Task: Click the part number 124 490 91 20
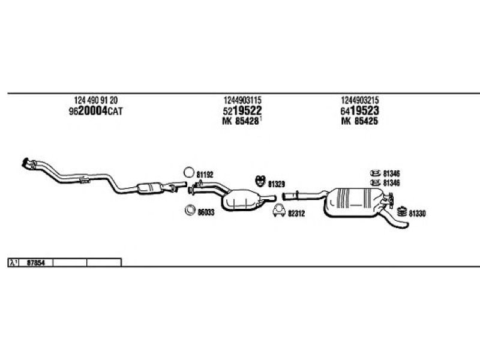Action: pos(96,100)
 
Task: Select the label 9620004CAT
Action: pos(96,111)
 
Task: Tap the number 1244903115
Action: pos(242,100)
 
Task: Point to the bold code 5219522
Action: pos(242,110)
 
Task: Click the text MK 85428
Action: pos(241,121)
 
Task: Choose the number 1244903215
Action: pos(360,100)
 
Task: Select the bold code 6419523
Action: pos(359,110)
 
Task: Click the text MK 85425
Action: pos(359,121)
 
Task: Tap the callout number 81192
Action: pos(205,175)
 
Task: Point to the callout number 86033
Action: pos(206,212)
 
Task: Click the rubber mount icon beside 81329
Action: pos(260,181)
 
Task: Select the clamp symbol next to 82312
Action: pos(279,211)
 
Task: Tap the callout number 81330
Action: pos(417,214)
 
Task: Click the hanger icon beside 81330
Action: pos(401,212)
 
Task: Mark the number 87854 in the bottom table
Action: pos(36,263)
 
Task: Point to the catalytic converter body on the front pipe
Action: pos(149,188)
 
